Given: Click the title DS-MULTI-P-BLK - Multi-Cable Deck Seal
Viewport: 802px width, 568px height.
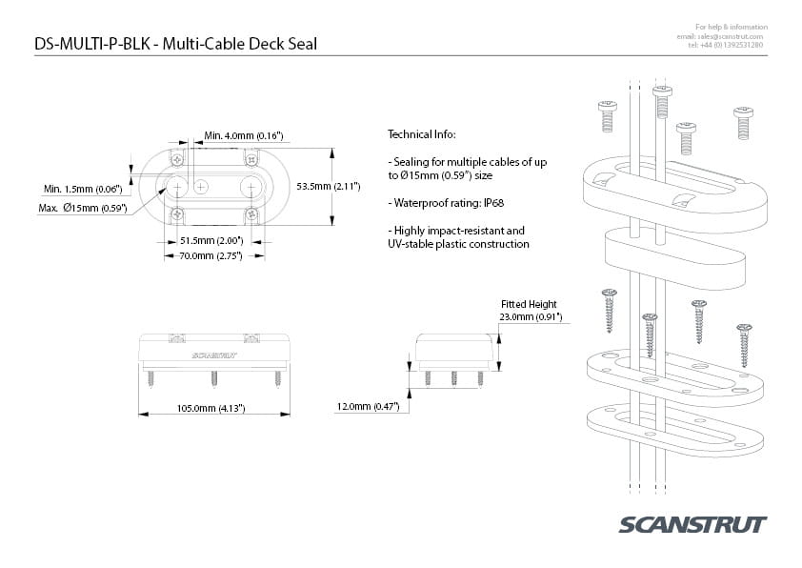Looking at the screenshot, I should tap(175, 43).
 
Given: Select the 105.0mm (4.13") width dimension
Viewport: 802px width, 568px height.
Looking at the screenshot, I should tap(212, 408).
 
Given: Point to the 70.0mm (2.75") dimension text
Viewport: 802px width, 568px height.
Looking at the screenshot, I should tap(211, 255).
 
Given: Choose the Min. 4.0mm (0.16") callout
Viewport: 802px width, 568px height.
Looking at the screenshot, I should tap(244, 137).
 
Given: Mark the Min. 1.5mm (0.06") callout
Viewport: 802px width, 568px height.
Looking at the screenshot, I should tap(83, 189).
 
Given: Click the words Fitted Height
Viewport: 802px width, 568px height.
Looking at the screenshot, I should tap(528, 304).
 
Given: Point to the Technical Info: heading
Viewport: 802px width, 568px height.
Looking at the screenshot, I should tap(422, 134).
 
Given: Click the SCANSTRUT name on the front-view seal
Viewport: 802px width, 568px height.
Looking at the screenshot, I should tap(213, 355).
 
